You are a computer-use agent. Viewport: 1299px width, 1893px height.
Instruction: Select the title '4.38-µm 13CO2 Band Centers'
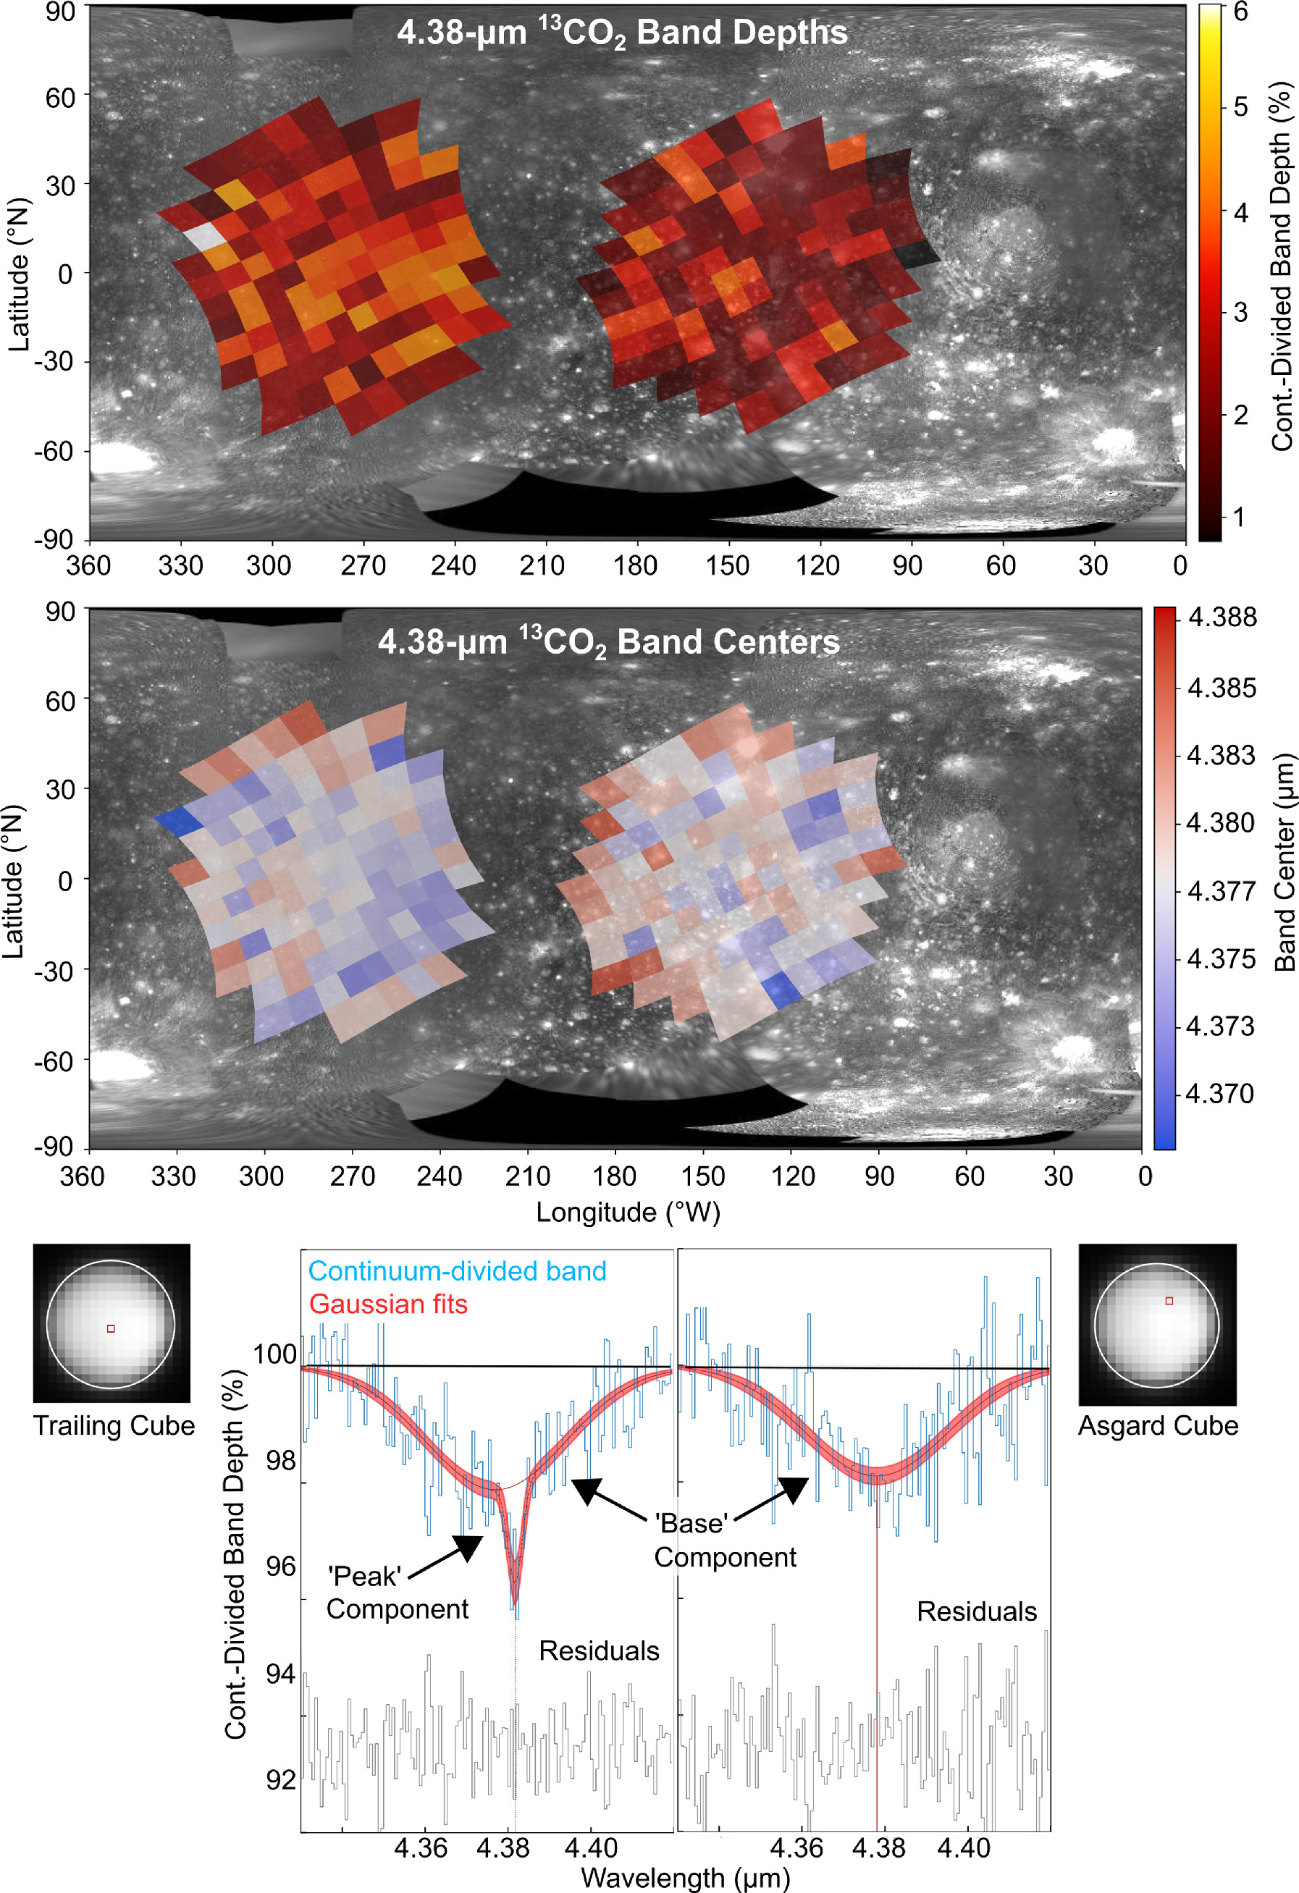[608, 642]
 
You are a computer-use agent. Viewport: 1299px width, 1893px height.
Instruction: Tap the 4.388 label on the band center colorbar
[1222, 617]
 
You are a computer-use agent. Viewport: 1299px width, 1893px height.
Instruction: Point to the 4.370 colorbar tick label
[1219, 1093]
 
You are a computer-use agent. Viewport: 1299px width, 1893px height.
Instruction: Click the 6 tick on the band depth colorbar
[1240, 12]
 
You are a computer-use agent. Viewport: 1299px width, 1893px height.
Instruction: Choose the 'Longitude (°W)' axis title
[628, 1212]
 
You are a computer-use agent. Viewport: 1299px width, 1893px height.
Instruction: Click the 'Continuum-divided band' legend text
[457, 1270]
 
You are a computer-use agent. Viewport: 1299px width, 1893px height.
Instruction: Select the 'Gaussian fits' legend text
[388, 1304]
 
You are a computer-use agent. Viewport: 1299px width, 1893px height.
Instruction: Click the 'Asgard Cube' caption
[1158, 1425]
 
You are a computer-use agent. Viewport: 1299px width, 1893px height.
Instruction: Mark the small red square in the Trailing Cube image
[111, 1328]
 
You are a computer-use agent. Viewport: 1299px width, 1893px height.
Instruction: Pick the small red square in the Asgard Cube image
[1169, 1301]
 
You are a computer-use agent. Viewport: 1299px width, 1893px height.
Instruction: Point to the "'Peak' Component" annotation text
[398, 1593]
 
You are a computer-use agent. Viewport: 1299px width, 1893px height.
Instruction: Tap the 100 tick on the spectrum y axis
[274, 1354]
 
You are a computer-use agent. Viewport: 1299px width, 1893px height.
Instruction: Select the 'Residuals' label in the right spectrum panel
[976, 1611]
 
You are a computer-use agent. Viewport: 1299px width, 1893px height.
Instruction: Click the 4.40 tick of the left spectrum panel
[590, 1847]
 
